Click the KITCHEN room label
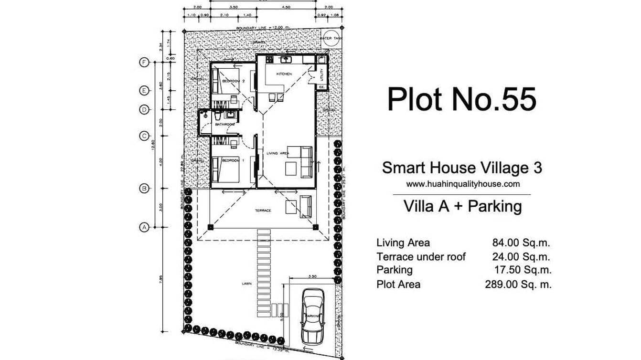[x=284, y=74]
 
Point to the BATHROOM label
[x=225, y=125]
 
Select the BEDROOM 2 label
[x=233, y=82]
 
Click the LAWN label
[x=246, y=284]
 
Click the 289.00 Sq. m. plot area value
[x=518, y=285]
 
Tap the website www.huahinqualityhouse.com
[x=462, y=183]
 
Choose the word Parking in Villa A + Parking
[x=494, y=206]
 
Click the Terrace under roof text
[x=421, y=257]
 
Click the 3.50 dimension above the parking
[x=312, y=276]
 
